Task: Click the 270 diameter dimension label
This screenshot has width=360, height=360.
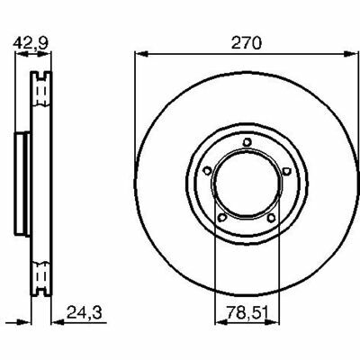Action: coord(247,43)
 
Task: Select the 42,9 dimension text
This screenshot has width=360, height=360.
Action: coord(31,43)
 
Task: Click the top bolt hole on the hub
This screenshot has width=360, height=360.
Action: coord(247,142)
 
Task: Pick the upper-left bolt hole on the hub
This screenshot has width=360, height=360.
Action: coord(207,171)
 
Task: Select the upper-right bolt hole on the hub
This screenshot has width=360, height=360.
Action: coord(286,171)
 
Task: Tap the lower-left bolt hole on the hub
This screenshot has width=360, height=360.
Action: coord(222,218)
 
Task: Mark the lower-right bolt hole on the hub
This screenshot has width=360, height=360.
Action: coord(271,218)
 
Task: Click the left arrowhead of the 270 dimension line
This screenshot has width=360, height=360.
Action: coord(141,54)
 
